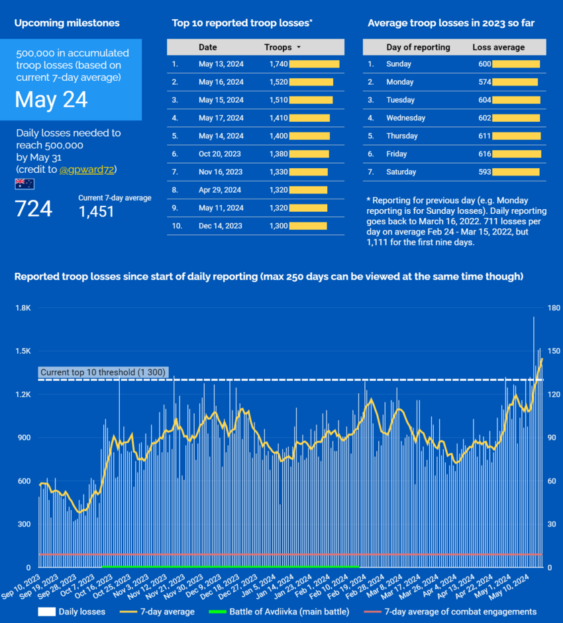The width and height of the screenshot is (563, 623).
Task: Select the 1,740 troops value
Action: [x=278, y=64]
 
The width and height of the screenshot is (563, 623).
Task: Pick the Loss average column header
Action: [x=498, y=48]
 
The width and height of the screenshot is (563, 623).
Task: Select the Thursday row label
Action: [x=402, y=136]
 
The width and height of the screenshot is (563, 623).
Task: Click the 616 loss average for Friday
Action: [x=484, y=154]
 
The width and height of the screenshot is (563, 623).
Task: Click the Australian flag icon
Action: [x=25, y=183]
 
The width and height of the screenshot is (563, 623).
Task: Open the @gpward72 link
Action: [x=87, y=169]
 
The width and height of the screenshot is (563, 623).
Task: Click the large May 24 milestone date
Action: [x=52, y=99]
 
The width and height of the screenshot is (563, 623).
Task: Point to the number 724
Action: [x=33, y=209]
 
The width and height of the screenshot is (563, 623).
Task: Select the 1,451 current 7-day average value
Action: [x=96, y=211]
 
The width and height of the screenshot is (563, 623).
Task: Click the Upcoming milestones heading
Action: [x=67, y=23]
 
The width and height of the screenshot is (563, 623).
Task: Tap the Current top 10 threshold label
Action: [x=103, y=373]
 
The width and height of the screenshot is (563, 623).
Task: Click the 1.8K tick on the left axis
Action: [x=23, y=308]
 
